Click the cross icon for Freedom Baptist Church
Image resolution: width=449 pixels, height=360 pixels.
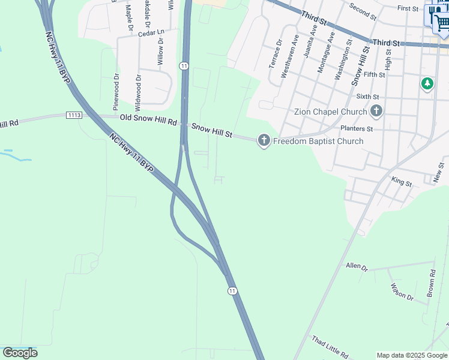point(263,141)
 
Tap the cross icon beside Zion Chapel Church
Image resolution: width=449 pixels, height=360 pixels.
point(376,111)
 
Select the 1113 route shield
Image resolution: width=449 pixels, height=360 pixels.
point(74,115)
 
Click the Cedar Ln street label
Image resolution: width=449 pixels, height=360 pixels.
point(151,32)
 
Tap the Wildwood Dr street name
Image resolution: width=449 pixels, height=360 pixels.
point(138,89)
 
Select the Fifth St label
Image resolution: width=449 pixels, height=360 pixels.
point(374,74)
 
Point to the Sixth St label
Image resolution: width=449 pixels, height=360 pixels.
point(368,96)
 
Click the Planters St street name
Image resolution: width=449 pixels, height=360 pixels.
point(357,128)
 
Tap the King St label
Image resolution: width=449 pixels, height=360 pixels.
point(401,181)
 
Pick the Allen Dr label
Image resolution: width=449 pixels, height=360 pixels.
point(357,265)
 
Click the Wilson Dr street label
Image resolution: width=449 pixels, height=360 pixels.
point(402,292)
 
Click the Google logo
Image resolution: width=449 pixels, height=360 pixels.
point(20,353)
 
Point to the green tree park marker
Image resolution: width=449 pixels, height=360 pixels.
point(427,83)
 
